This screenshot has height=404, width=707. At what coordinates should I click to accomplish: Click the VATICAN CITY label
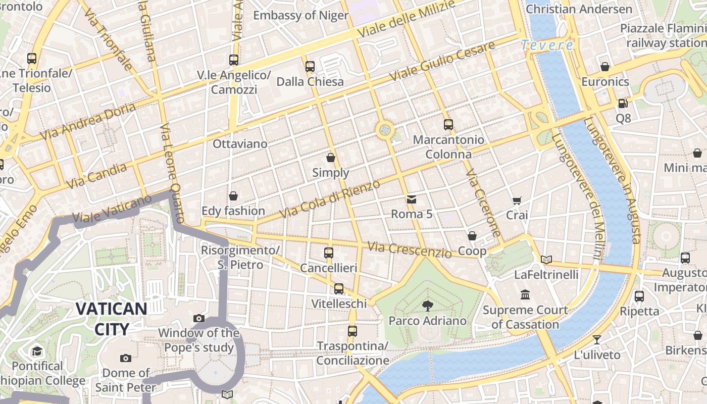pos(112,319)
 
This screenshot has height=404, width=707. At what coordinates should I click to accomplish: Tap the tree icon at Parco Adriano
pos(428,306)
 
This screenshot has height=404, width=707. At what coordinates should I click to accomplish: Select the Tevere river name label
pos(547,45)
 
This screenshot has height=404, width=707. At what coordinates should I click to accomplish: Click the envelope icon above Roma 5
pos(412,199)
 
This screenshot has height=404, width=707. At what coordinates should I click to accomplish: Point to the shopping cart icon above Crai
pos(517,201)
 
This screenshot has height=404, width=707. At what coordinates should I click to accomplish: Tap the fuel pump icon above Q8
pos(623,104)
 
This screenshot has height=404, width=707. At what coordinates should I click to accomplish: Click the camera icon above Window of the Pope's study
pos(199,318)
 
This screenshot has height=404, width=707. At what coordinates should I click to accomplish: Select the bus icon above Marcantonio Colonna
pos(448,125)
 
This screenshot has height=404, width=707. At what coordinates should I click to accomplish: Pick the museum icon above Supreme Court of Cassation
pos(525,294)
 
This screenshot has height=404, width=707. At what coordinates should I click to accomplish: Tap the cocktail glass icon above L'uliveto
pos(597,340)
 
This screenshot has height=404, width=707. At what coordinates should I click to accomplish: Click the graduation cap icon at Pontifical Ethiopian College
pos(37,351)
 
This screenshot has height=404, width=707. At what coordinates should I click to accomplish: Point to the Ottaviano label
pos(240,144)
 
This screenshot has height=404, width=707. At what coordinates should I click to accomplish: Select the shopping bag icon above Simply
pos(331,158)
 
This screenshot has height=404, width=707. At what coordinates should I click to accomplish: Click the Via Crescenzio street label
pos(409,249)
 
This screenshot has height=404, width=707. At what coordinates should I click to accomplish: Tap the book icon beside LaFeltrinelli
pos(546,260)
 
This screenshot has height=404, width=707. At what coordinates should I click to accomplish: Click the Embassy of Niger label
pos(300,15)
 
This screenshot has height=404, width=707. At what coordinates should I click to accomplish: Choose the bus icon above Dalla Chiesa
pos(310,67)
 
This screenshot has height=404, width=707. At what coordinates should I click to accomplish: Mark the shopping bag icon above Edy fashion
pos(233,196)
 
